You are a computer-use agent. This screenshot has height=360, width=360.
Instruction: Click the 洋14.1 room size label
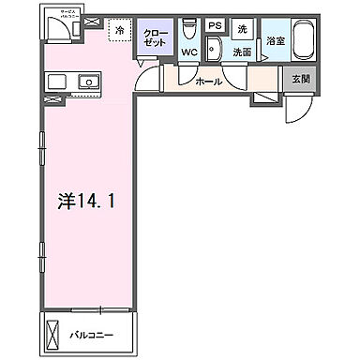85,199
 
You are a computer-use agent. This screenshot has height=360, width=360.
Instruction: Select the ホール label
209,82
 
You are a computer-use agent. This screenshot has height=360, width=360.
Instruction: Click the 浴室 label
276,40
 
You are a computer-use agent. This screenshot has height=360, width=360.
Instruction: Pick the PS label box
216,26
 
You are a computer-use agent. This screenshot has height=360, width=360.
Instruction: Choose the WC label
187,52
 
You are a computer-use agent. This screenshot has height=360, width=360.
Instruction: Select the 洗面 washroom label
242,52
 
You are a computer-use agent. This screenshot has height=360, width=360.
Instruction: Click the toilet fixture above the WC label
187,27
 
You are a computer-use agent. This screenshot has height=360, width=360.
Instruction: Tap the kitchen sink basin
90,81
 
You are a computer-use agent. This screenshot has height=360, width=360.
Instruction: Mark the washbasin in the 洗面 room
213,51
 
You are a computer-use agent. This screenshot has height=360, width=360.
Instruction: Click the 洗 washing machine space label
242,28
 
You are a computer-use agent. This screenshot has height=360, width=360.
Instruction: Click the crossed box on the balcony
52,332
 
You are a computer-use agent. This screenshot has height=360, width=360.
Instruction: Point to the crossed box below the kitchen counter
51,97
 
